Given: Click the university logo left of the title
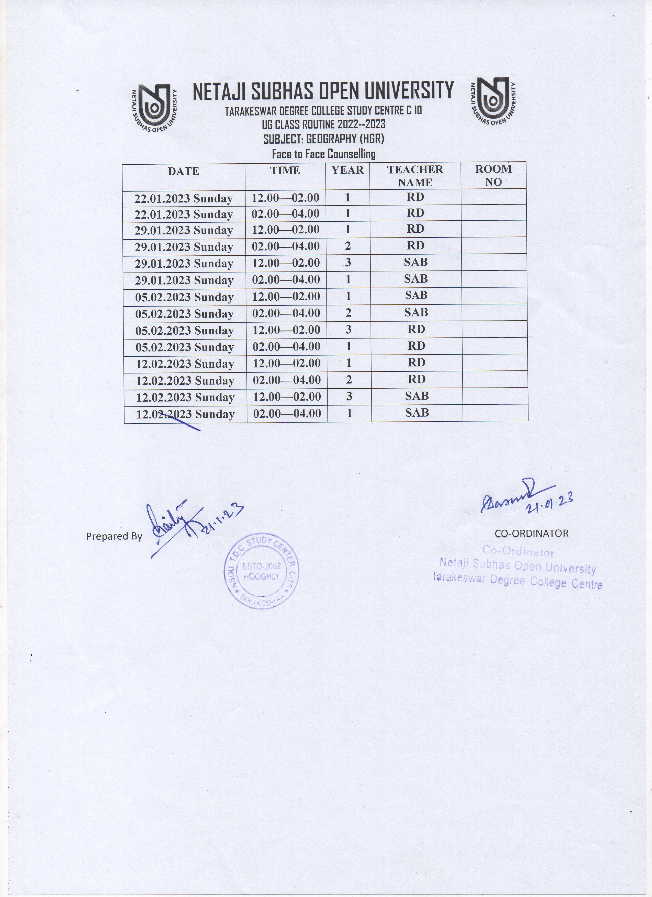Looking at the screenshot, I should tap(154, 108).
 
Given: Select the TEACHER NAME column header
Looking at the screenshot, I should tap(415, 176).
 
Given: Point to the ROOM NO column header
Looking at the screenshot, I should tap(493, 175).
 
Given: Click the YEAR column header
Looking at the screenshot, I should tap(347, 171).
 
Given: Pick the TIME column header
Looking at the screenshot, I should tap(285, 171).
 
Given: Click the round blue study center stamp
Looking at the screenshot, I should tap(262, 572).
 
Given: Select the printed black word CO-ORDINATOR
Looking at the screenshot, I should tap(531, 533).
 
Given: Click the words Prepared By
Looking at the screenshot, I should tap(114, 536).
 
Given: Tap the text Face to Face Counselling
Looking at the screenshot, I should tap(324, 154).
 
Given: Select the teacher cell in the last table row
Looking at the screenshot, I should tap(417, 413).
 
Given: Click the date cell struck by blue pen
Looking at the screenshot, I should tap(186, 414).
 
